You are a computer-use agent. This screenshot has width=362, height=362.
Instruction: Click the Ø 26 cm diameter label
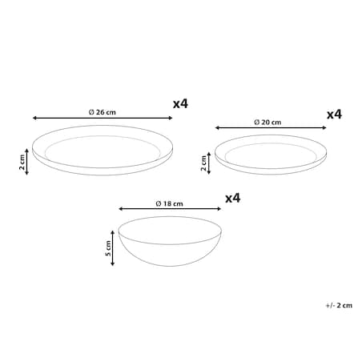coord(103,112)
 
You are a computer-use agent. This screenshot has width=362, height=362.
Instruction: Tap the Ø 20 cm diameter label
coord(267,123)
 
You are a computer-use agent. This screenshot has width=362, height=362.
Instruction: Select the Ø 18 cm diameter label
coord(169,203)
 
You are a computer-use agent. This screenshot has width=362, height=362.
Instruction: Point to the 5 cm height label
coord(108,248)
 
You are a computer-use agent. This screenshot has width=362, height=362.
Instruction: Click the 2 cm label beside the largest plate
coord(22,162)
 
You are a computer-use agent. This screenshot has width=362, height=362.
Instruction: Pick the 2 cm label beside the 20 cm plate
coord(203,163)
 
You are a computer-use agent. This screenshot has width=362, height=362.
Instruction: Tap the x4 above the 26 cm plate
coord(180,104)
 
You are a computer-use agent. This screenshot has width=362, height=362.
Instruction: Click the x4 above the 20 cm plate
coord(334,115)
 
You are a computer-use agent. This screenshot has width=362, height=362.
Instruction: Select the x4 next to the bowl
coord(233,199)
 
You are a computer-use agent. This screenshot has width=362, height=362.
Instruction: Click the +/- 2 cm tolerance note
coord(339,305)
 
